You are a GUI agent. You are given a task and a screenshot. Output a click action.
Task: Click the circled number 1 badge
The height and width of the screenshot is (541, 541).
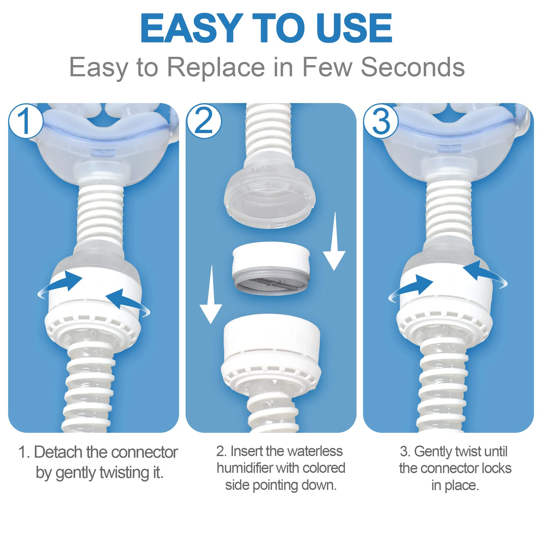point(26,121)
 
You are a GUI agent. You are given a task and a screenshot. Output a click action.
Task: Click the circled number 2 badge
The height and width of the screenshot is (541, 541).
point(204,121)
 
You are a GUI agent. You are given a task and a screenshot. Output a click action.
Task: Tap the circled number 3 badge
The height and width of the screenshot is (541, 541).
point(381,121)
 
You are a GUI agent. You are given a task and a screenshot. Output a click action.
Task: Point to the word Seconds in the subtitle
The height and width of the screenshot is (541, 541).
point(413,67)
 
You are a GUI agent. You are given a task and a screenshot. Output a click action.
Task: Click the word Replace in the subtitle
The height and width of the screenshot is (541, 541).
point(216,67)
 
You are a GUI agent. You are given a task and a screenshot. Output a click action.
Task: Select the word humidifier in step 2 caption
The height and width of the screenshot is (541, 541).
point(245,468)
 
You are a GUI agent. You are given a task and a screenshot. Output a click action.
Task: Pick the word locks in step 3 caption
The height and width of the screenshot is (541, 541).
point(495,468)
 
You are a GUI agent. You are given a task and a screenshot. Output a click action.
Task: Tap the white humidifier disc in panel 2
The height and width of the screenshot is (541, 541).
point(271,268)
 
